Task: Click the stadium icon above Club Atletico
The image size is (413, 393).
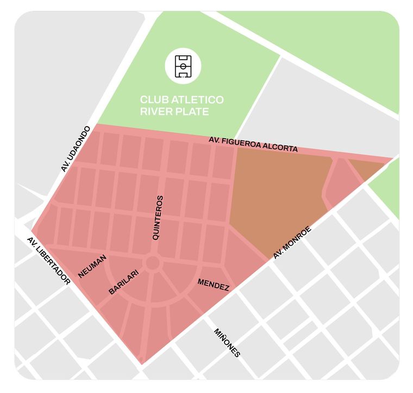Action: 183,66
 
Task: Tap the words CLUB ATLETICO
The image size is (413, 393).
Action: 182,100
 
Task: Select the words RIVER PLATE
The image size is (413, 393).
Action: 174,112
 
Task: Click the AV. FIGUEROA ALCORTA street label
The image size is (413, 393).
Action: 253,144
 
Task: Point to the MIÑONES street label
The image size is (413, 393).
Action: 227,343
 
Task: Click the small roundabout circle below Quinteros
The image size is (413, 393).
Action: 152,263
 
